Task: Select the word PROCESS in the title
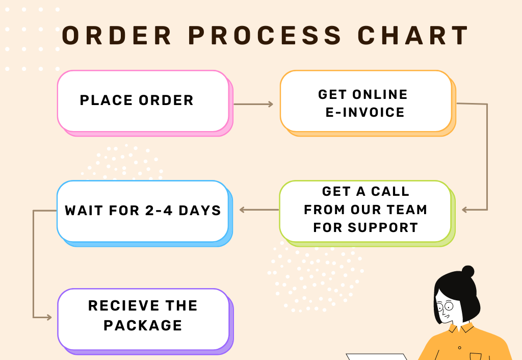click(265, 36)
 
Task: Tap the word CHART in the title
click(413, 36)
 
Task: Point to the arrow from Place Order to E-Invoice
click(253, 105)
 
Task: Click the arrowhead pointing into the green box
click(465, 210)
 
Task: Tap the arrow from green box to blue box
click(259, 210)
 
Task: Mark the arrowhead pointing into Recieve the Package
click(49, 317)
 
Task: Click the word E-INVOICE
click(365, 112)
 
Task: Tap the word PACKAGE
click(143, 325)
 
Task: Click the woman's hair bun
click(467, 271)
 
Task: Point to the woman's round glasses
click(445, 306)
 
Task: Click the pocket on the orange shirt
click(475, 356)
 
